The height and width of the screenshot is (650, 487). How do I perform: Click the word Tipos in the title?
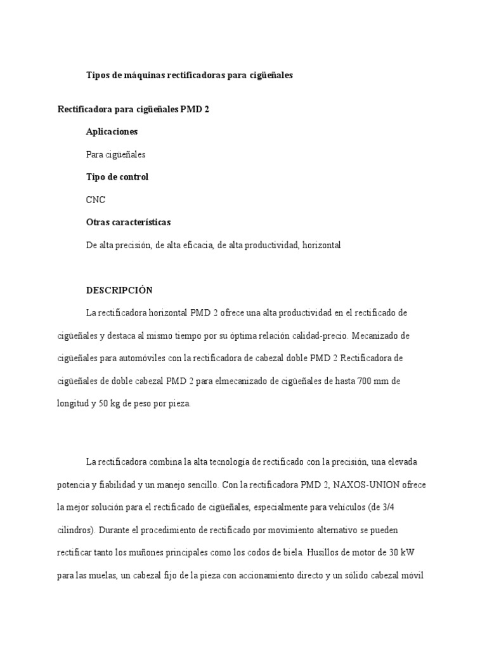pyautogui.click(x=98, y=76)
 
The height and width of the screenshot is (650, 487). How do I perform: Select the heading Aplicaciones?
pyautogui.click(x=112, y=131)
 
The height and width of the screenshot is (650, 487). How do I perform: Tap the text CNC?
pyautogui.click(x=96, y=200)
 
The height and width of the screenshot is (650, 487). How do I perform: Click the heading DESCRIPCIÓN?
pyautogui.click(x=119, y=290)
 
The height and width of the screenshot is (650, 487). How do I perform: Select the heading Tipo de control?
pyautogui.click(x=117, y=177)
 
